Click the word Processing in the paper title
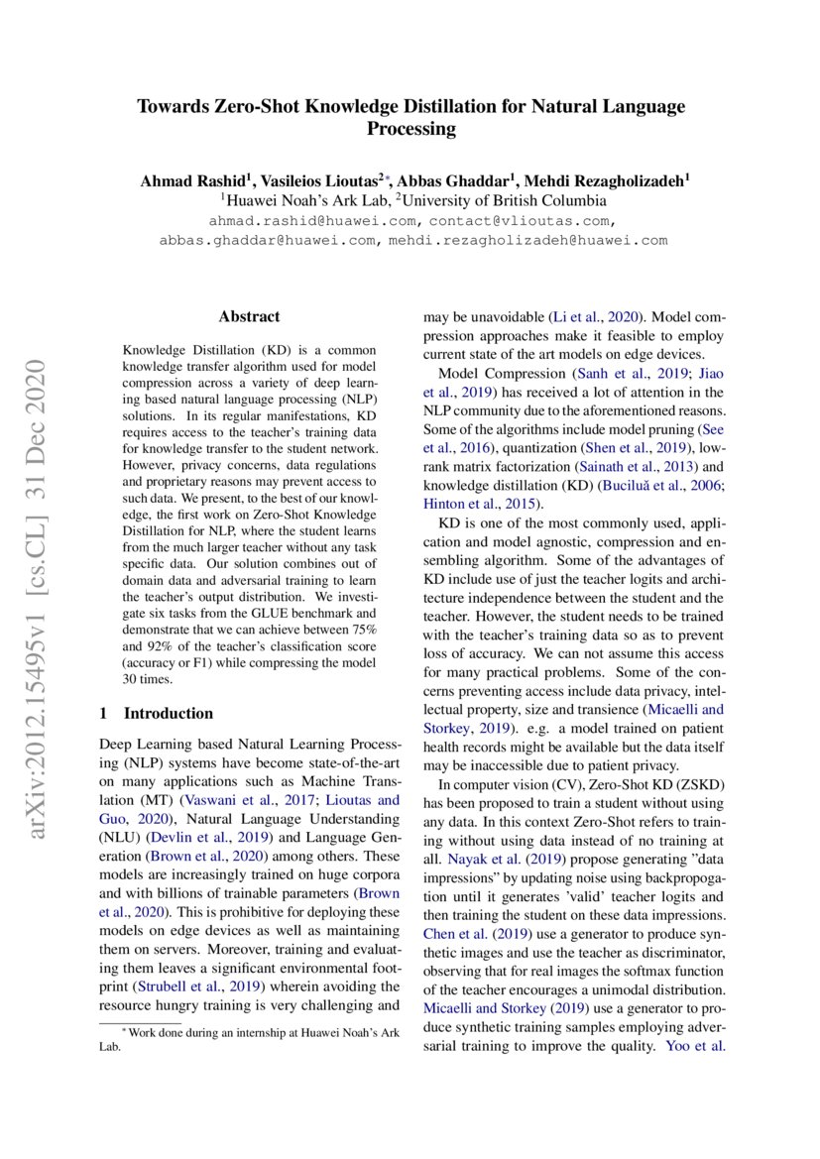click(410, 129)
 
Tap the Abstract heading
click(249, 317)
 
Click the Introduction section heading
click(168, 713)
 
